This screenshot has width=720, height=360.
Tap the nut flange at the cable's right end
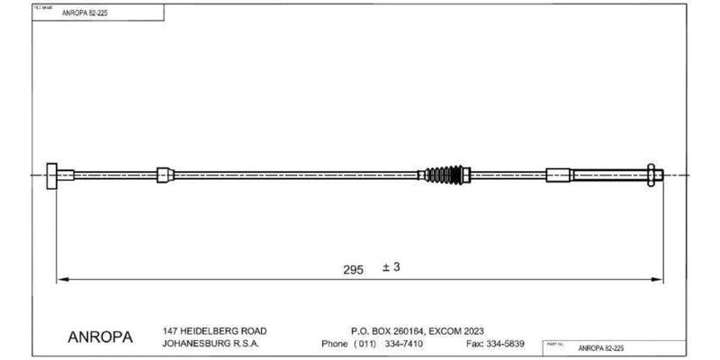[x=648, y=175]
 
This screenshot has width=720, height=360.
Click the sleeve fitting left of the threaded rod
[x=558, y=175]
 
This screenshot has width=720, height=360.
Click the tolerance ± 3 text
[x=390, y=268]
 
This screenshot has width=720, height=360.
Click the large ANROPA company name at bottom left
[x=100, y=338]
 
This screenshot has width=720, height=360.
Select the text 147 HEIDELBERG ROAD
[x=214, y=330]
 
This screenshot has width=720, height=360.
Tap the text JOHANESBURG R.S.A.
[x=210, y=344]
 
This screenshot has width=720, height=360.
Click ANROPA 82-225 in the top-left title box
[x=84, y=13]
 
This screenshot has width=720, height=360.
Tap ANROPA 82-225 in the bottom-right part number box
[x=601, y=346]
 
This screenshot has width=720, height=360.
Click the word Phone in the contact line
[x=335, y=344]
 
